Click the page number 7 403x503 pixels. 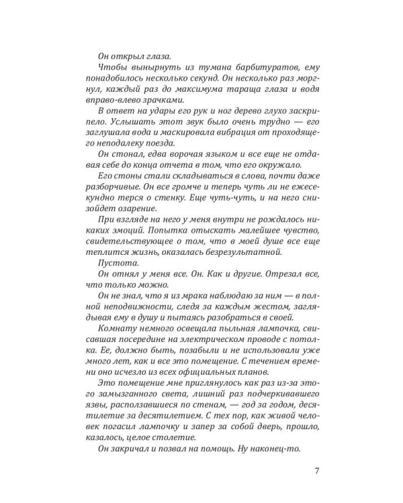coord(316,469)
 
